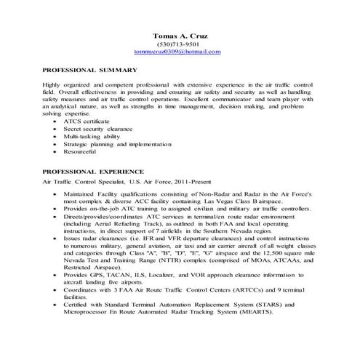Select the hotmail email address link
point(178,52)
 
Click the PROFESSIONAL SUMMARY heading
point(90,70)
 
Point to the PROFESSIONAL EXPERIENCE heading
point(94,169)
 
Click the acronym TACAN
point(116,275)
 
